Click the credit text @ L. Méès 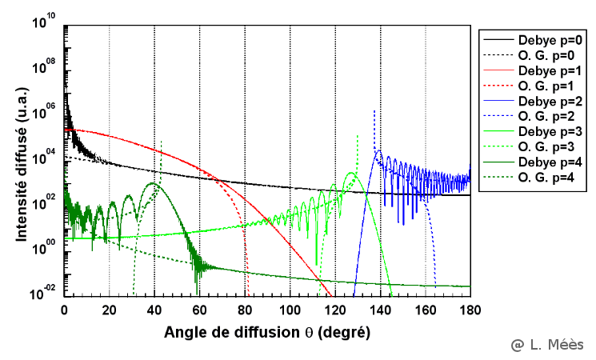[548, 344]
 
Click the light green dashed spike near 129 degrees [356, 144]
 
